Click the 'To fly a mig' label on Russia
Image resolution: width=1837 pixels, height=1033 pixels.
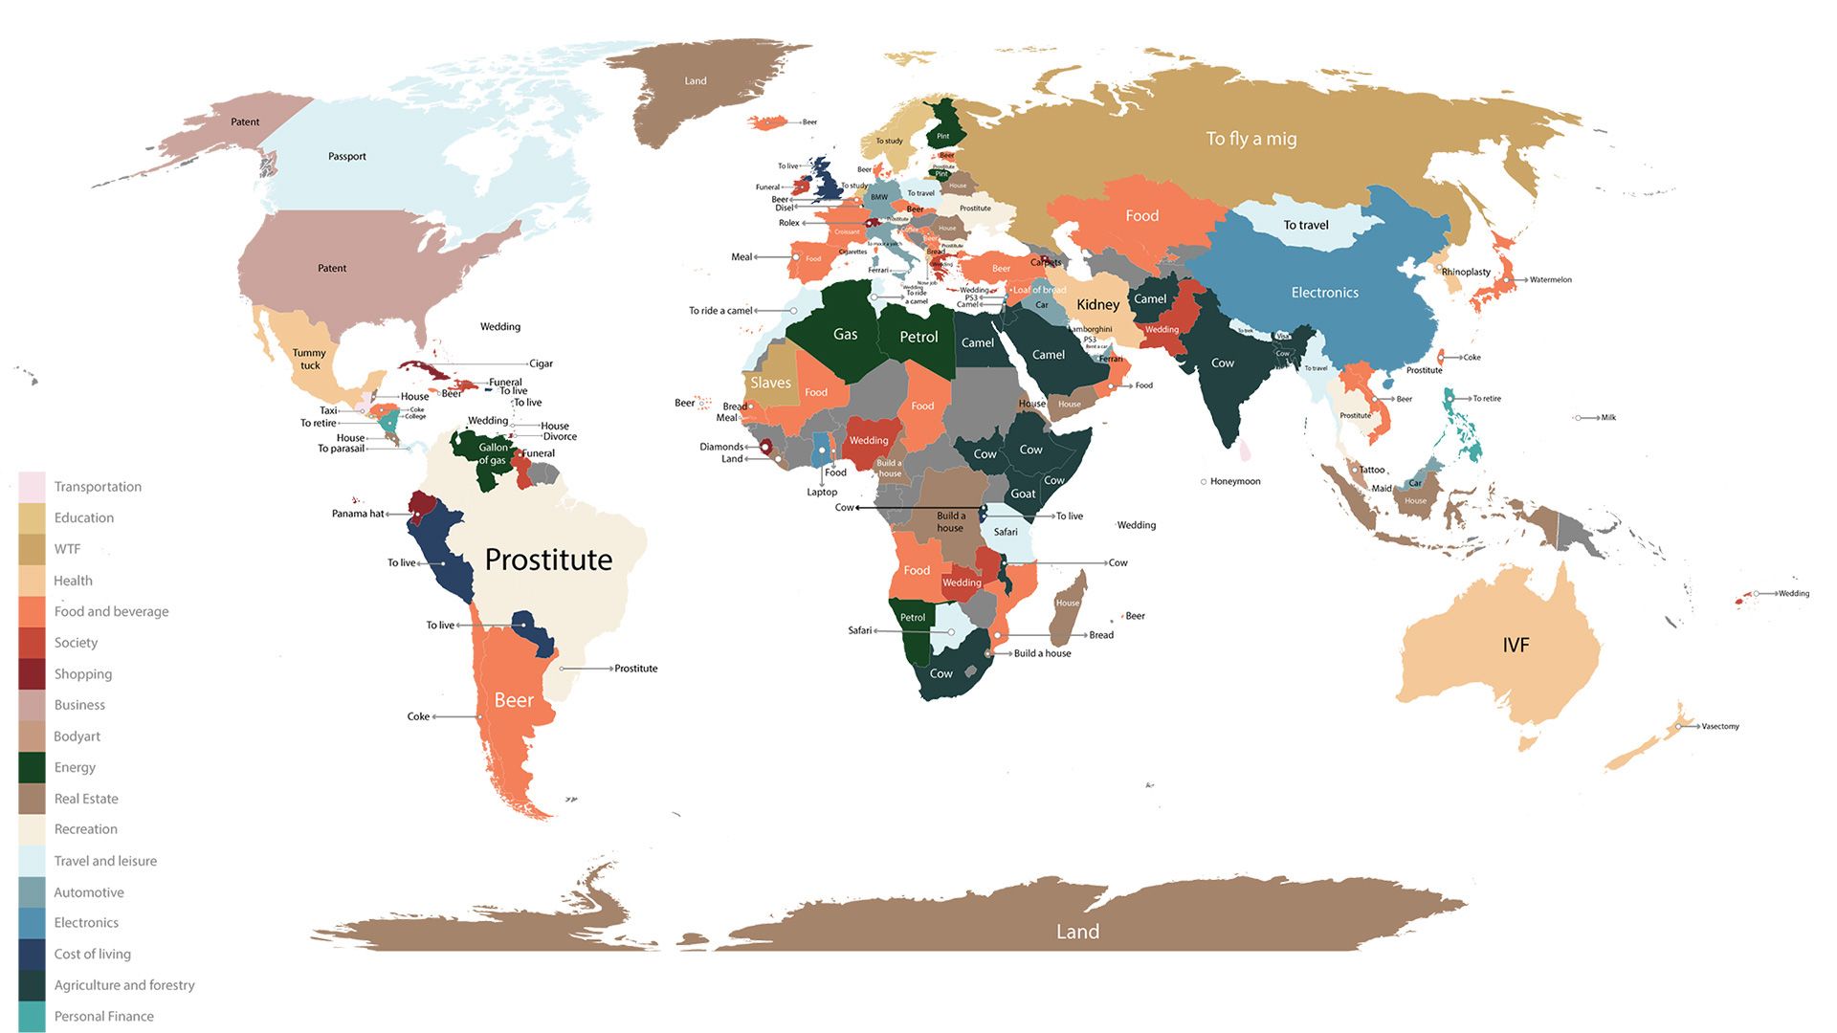(1250, 139)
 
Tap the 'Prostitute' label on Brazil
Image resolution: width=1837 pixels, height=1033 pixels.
(548, 560)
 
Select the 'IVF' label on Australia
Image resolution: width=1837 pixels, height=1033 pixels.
(1516, 645)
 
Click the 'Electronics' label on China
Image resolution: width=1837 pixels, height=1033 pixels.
(1324, 293)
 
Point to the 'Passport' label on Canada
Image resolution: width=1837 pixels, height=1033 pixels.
(346, 156)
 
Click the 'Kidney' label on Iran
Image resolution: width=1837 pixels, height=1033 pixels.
(1097, 304)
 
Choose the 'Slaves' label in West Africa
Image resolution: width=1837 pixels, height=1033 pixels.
(770, 383)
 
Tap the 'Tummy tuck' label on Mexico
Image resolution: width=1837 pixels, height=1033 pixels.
(309, 359)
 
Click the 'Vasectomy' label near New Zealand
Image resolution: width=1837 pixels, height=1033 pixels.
(1719, 726)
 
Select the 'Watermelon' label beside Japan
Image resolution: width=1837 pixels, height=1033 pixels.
(1550, 279)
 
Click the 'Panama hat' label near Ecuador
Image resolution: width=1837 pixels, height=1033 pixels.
(357, 514)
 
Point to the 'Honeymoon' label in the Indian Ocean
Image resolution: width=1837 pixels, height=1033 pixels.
(1234, 481)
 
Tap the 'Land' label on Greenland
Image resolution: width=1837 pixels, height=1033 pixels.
(696, 81)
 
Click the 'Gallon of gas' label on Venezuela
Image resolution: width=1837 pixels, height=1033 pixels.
(493, 453)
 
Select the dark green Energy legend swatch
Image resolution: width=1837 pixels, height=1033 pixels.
(32, 767)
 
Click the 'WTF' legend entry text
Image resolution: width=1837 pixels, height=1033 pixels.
(67, 549)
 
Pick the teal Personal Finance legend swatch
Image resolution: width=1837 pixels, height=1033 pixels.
(32, 1016)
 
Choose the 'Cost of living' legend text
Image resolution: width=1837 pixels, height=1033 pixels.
(92, 954)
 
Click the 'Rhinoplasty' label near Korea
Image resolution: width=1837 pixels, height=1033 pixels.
(1466, 272)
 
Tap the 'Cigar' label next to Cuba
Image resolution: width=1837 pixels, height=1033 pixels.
(541, 363)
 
